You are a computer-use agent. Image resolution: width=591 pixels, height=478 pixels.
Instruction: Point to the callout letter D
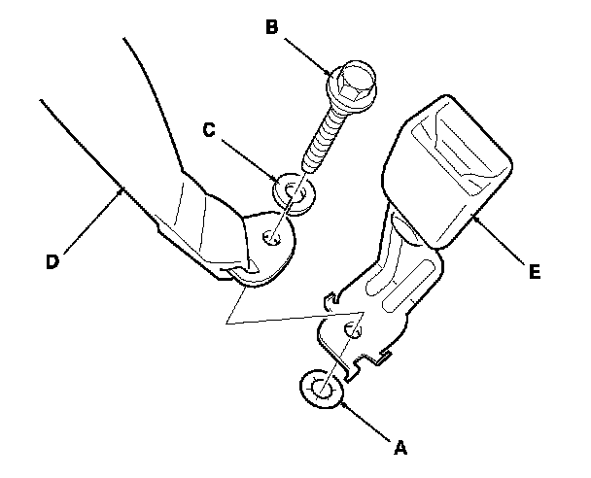(x=53, y=259)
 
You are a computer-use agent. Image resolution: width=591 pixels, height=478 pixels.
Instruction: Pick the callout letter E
(x=533, y=273)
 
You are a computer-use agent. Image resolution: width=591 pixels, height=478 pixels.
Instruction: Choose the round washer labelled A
(x=321, y=391)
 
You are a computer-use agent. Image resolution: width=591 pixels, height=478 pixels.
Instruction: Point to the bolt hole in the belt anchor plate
(x=271, y=234)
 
